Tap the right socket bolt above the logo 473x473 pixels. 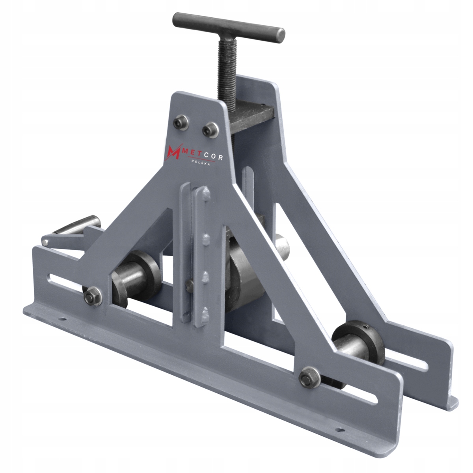210,130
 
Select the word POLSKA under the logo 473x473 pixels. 201,162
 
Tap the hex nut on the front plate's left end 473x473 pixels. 93,296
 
